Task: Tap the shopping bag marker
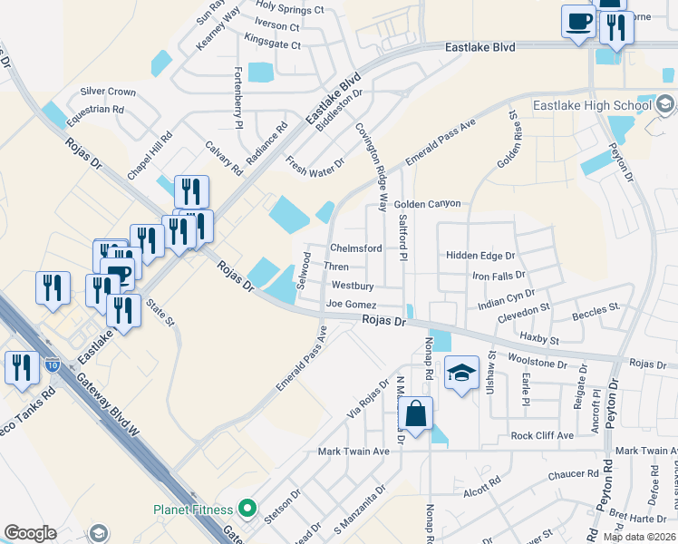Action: [415, 414]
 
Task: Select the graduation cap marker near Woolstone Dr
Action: [461, 374]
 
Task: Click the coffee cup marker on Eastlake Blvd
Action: [577, 21]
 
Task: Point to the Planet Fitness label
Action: [193, 510]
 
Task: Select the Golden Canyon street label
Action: [427, 205]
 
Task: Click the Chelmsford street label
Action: [355, 248]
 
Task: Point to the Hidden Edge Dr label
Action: [479, 257]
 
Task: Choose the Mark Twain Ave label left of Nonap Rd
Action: [353, 451]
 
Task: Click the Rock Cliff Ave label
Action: [542, 436]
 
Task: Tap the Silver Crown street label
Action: [108, 92]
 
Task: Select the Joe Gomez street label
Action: [351, 305]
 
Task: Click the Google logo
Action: [30, 533]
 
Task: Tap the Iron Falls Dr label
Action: [499, 276]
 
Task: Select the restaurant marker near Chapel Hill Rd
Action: [191, 192]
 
